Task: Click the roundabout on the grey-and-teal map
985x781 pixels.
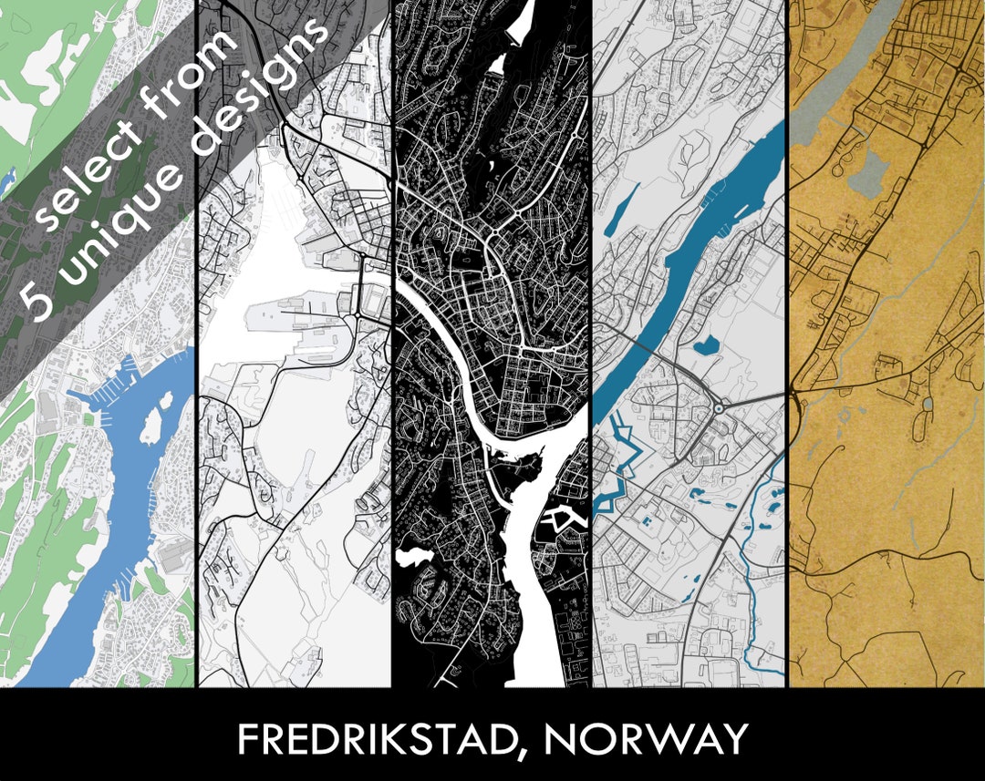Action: click(720, 409)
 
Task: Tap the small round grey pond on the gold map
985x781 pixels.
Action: click(927, 404)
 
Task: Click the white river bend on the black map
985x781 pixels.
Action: click(456, 337)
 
